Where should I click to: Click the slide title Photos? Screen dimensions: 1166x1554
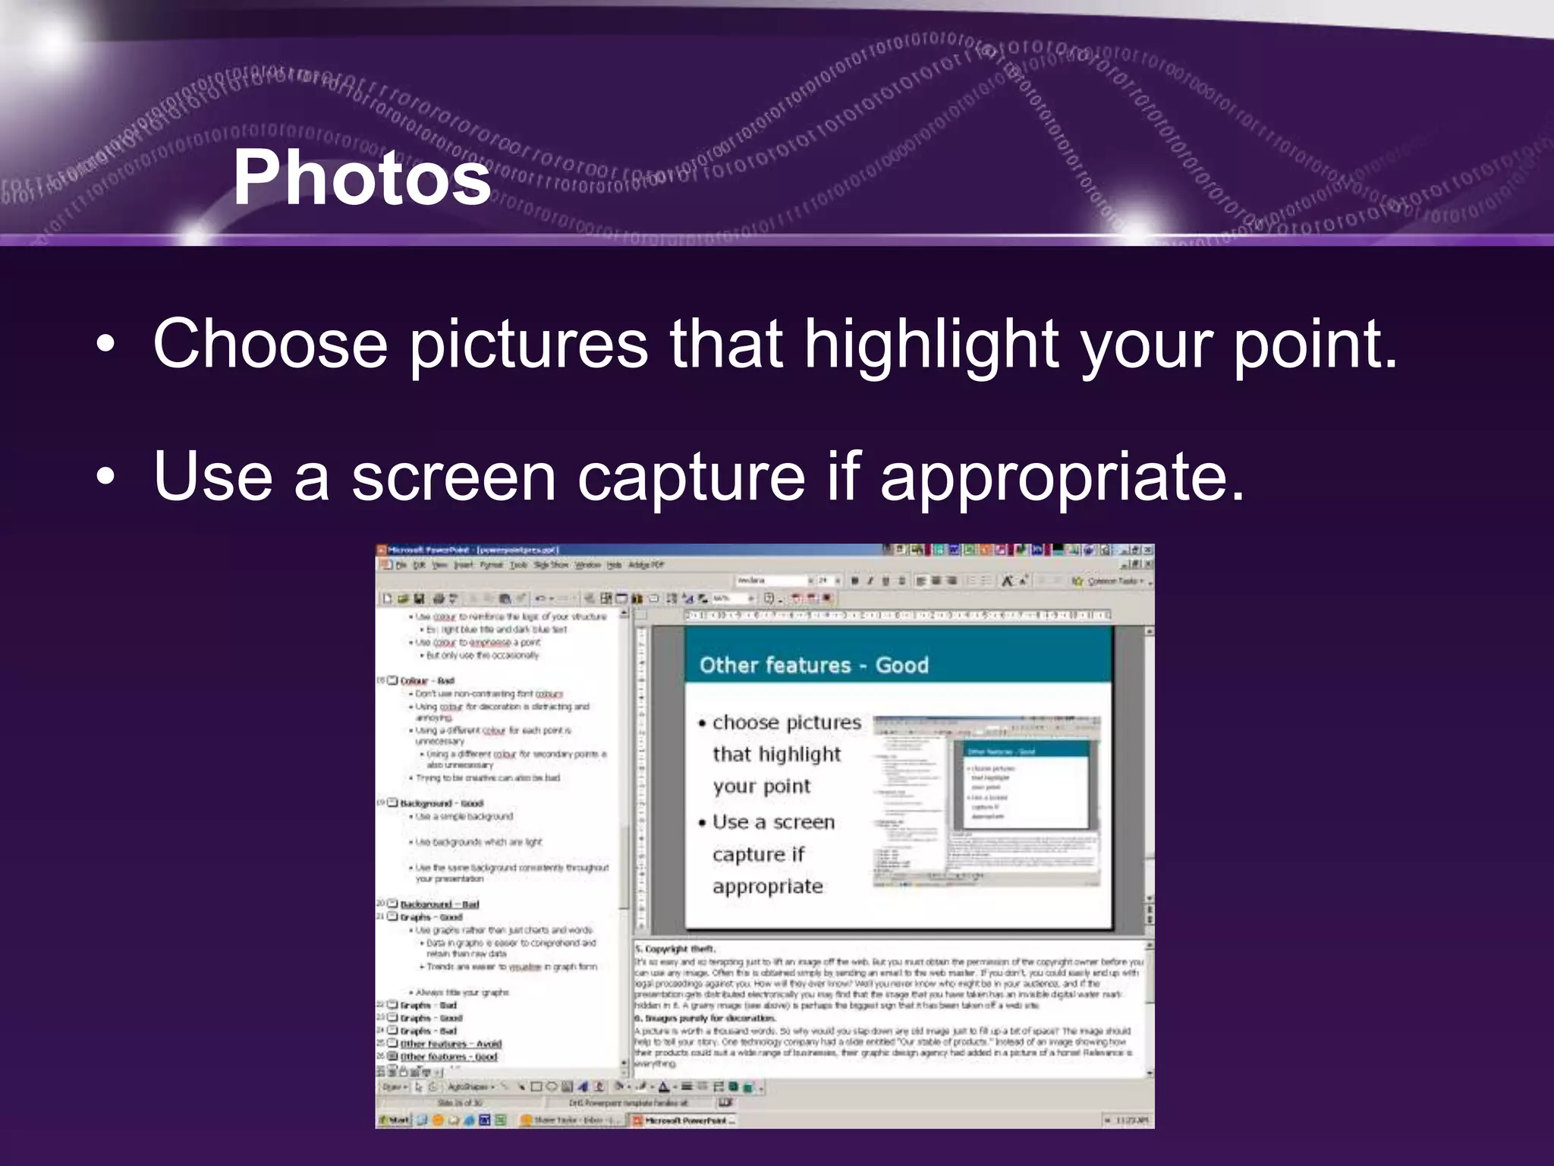(x=362, y=178)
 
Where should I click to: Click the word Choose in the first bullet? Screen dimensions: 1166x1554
(x=270, y=344)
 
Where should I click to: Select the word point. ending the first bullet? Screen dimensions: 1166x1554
(x=1314, y=344)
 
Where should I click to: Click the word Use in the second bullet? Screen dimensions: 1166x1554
(x=212, y=477)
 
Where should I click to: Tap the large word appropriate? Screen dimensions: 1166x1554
(x=1062, y=477)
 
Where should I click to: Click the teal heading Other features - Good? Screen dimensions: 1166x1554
(x=813, y=666)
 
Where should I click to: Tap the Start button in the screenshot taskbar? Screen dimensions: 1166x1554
(x=395, y=1120)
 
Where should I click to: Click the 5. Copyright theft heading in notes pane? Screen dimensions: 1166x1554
(x=675, y=949)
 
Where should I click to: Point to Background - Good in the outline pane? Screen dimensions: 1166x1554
(x=442, y=803)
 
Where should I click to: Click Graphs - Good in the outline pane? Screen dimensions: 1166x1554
(x=431, y=917)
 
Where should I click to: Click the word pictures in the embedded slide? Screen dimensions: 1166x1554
(x=824, y=723)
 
